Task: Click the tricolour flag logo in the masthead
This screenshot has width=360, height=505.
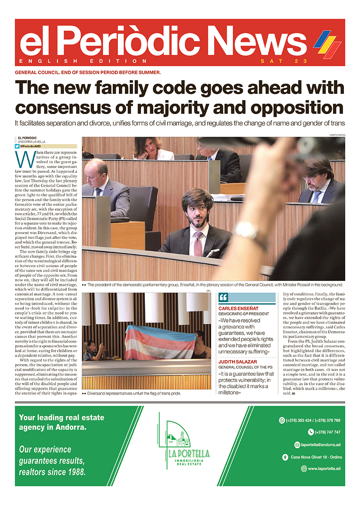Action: [327, 44]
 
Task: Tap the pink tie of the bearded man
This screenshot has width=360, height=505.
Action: [198, 244]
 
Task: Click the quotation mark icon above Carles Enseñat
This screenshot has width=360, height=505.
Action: [223, 298]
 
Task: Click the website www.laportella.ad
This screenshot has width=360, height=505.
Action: [324, 469]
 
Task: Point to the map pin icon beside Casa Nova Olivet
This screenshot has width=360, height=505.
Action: [285, 457]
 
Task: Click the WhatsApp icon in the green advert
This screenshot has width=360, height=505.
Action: [282, 421]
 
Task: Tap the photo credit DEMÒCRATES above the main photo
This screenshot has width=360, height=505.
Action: [337, 135]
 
